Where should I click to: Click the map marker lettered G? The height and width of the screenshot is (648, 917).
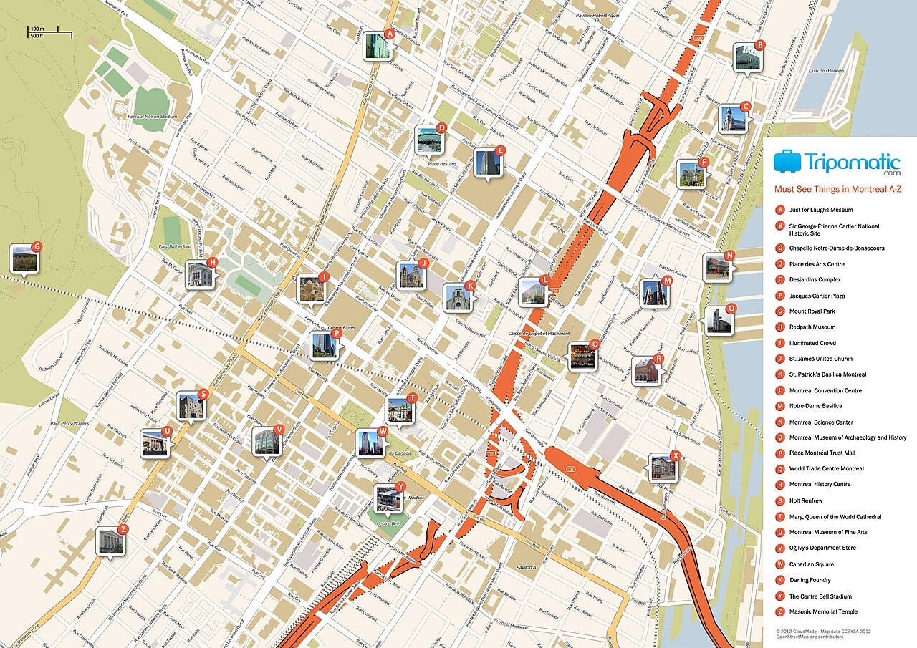[x=24, y=258]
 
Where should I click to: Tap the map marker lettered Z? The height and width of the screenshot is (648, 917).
[x=110, y=541]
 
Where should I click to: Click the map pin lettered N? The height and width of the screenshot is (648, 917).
[x=716, y=267]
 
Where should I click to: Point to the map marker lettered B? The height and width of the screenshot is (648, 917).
[x=748, y=57]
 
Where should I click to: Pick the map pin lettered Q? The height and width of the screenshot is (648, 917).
[x=582, y=356]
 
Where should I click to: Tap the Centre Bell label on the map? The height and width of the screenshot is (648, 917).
[x=388, y=523]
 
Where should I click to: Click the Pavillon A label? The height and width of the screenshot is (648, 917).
[x=525, y=567]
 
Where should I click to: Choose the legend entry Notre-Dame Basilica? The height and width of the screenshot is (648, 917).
[x=815, y=406]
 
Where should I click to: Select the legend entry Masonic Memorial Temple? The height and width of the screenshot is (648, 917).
[x=823, y=611]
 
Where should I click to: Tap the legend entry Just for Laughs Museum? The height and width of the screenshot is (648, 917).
[x=820, y=210]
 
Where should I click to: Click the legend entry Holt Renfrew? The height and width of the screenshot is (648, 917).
[x=806, y=500]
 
